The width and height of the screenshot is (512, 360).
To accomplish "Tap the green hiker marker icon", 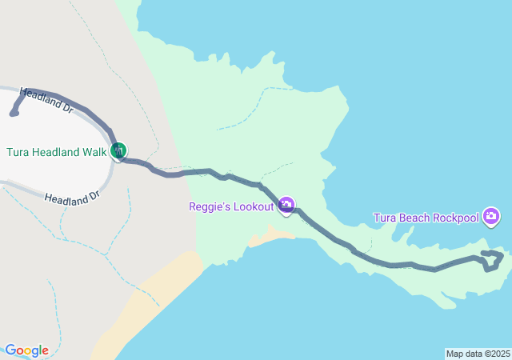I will point(118,150).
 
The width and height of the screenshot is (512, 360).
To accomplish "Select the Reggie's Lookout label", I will point(232,206).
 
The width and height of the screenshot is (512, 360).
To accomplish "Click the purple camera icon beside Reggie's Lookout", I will point(286,206).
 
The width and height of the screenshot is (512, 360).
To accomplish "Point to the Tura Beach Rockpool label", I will point(426,218).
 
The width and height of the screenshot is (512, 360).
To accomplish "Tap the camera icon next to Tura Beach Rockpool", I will point(492,216).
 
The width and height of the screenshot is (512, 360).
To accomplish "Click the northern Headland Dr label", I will point(46,98).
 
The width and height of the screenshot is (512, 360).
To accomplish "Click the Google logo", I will point(26,350).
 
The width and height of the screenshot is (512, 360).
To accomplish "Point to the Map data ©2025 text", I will point(478,354).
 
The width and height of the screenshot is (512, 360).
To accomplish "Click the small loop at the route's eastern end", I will point(493,260).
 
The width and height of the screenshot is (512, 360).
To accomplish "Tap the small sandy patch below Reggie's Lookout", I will point(270,236).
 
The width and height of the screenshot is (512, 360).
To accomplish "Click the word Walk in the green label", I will point(94,152).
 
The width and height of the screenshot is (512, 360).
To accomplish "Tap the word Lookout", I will point(252,206).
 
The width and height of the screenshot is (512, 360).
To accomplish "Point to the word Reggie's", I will point(210,206).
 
